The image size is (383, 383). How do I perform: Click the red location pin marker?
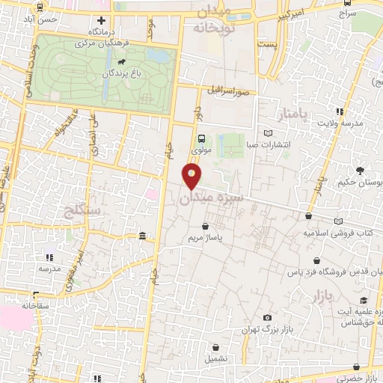[x=192, y=177]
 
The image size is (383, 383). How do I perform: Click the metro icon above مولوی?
[x=201, y=138]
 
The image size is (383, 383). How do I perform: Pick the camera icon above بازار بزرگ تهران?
[x=267, y=318]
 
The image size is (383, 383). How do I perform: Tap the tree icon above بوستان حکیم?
[x=361, y=170]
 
